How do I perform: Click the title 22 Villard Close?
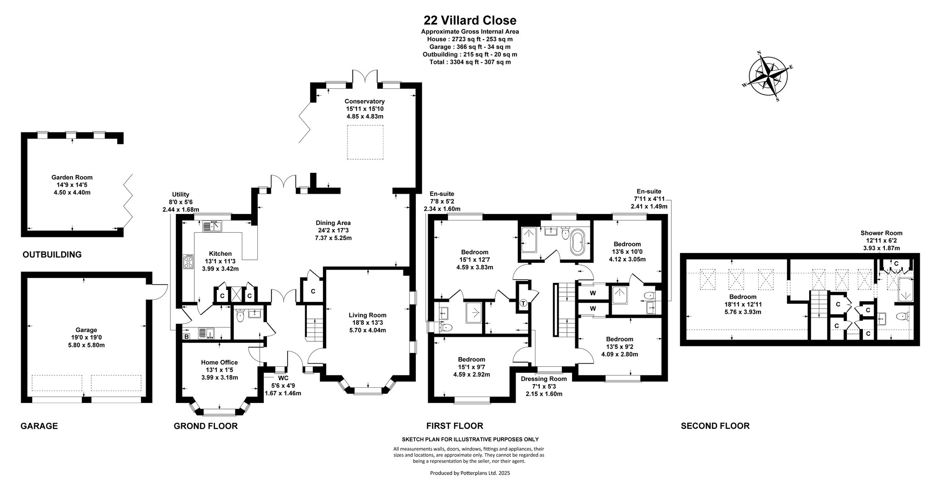tap(470, 20)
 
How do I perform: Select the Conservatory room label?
tap(365, 101)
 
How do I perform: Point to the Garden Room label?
tap(72, 177)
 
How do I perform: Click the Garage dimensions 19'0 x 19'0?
tap(86, 337)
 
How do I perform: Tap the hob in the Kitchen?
tap(189, 262)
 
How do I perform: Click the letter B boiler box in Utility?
tap(186, 336)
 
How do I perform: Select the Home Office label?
tap(220, 363)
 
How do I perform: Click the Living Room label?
tap(368, 315)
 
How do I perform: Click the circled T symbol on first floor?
tap(523, 304)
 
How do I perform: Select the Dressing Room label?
tap(544, 379)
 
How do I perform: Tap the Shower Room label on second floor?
tap(881, 233)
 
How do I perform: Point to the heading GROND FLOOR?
tap(205, 426)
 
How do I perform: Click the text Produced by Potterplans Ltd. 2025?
tap(470, 473)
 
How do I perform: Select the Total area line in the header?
tap(470, 62)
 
